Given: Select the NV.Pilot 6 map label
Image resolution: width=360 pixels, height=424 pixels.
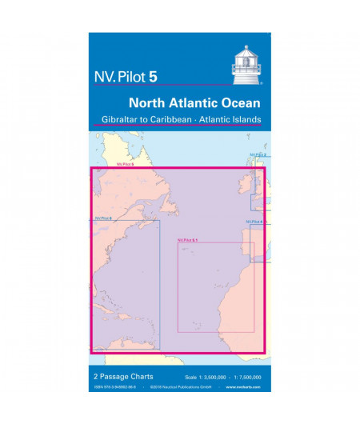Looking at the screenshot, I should pyautogui.click(x=102, y=218).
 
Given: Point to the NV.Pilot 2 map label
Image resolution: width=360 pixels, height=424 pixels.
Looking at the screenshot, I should pyautogui.click(x=257, y=154).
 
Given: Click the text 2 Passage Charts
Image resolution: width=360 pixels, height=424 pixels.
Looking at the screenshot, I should pyautogui.click(x=117, y=376).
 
